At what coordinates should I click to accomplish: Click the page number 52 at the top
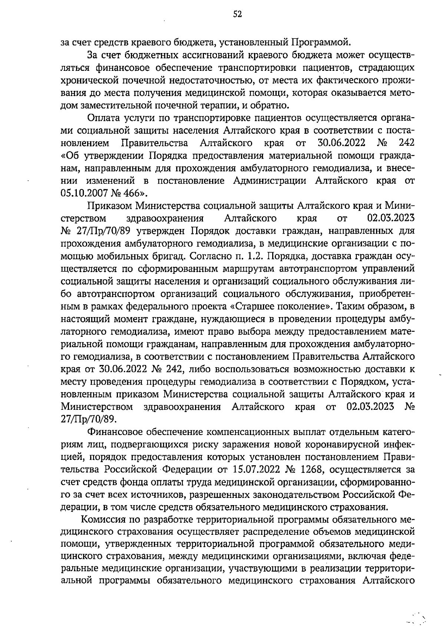237,14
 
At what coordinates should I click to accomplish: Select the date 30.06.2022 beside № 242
342,143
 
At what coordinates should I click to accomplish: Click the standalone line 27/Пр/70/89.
89,419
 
